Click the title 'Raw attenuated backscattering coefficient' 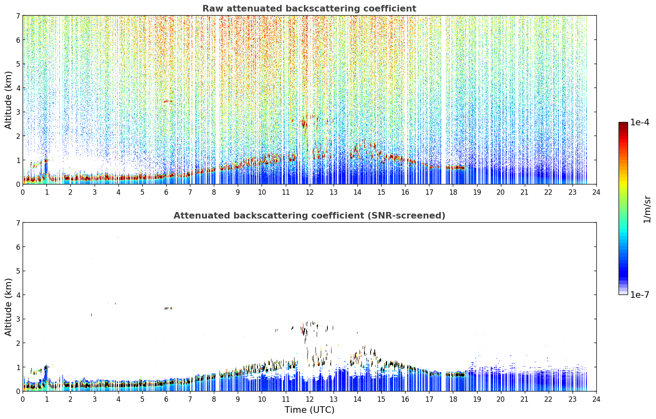click(x=309, y=9)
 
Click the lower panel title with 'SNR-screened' click(x=309, y=216)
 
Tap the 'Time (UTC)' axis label click(x=309, y=410)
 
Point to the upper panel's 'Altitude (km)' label click(x=8, y=100)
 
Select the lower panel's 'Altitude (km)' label click(x=8, y=307)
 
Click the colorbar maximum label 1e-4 click(x=640, y=122)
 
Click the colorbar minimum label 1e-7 click(x=640, y=295)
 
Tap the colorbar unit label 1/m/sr click(x=647, y=209)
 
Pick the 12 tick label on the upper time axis click(x=310, y=192)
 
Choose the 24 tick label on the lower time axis click(x=596, y=399)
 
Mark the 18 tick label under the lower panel click(x=453, y=399)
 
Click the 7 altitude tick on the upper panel click(x=18, y=16)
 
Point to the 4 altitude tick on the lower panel click(x=18, y=295)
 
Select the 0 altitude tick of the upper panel click(x=18, y=184)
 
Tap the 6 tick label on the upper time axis click(x=166, y=192)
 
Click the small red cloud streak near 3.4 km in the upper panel click(x=168, y=101)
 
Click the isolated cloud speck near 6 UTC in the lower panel click(x=169, y=308)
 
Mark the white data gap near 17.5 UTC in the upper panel click(x=443, y=100)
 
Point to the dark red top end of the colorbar click(x=623, y=124)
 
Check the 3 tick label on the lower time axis click(x=95, y=399)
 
